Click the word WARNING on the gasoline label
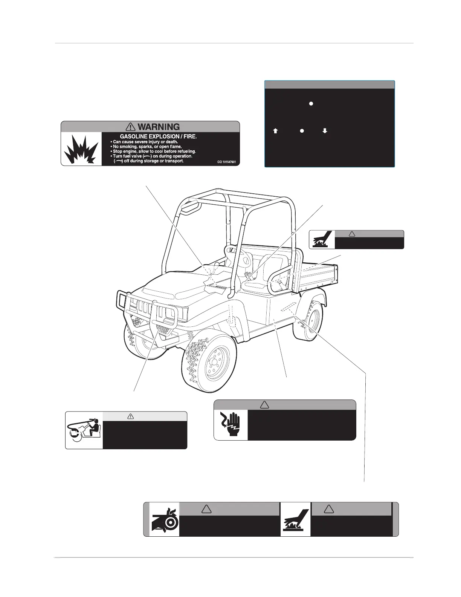click(159, 127)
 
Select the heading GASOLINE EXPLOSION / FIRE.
click(158, 136)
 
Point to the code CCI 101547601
click(227, 162)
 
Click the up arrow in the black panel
click(275, 131)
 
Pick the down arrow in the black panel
click(325, 131)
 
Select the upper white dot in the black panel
click(311, 103)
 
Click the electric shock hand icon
click(231, 425)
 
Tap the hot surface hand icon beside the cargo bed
click(322, 240)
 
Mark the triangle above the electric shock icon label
click(264, 405)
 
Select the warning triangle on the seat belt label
click(131, 416)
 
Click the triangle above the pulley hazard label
click(206, 509)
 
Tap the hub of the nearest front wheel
click(214, 362)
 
